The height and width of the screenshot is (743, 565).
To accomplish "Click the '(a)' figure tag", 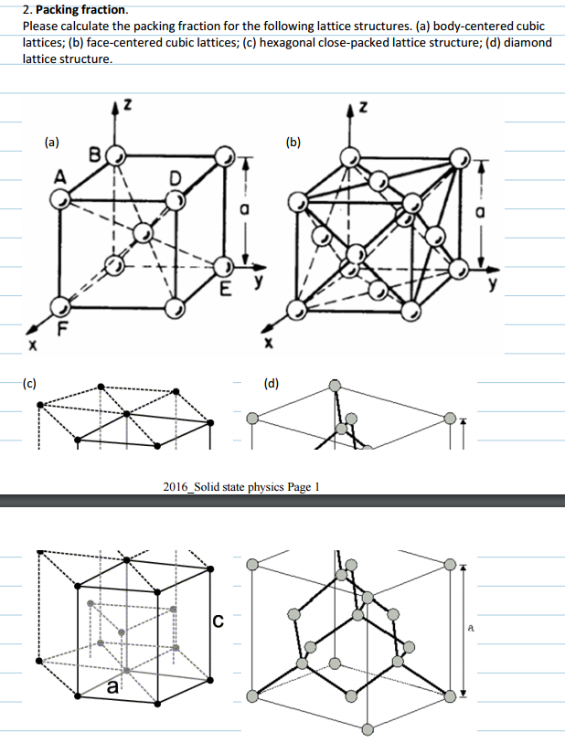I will point(52,142).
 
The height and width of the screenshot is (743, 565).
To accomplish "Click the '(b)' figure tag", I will point(293,142).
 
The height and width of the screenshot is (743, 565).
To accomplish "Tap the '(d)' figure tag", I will point(272,383).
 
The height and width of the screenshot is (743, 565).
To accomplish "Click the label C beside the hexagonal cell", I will point(218,623).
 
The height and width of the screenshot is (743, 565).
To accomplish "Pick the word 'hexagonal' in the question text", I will point(290,42).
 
